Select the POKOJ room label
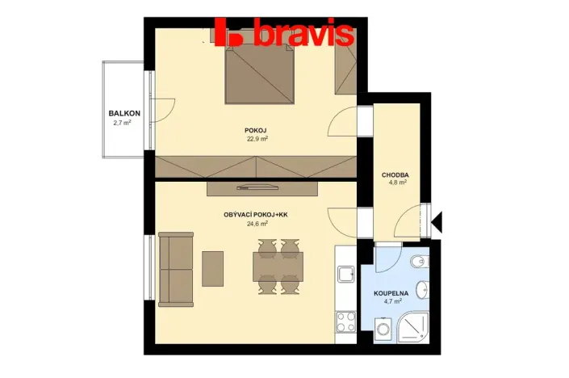(257, 130)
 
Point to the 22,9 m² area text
(257, 138)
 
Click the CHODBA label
(395, 174)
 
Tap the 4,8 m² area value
(395, 183)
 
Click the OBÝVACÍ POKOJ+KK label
(257, 215)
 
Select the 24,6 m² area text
(257, 224)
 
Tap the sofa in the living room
(175, 269)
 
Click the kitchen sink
(346, 275)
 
